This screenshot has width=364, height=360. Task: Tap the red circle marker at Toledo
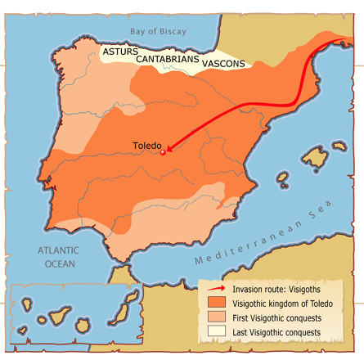click(x=163, y=152)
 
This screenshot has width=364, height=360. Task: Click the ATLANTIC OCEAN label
click(x=61, y=257)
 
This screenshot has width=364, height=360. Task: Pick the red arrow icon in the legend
click(x=216, y=289)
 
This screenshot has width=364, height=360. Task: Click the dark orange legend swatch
click(x=216, y=304)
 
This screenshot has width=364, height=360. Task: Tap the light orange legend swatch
click(x=216, y=318)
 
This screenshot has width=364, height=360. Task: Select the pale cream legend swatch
click(x=216, y=333)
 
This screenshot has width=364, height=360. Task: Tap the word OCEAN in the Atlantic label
click(x=61, y=263)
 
